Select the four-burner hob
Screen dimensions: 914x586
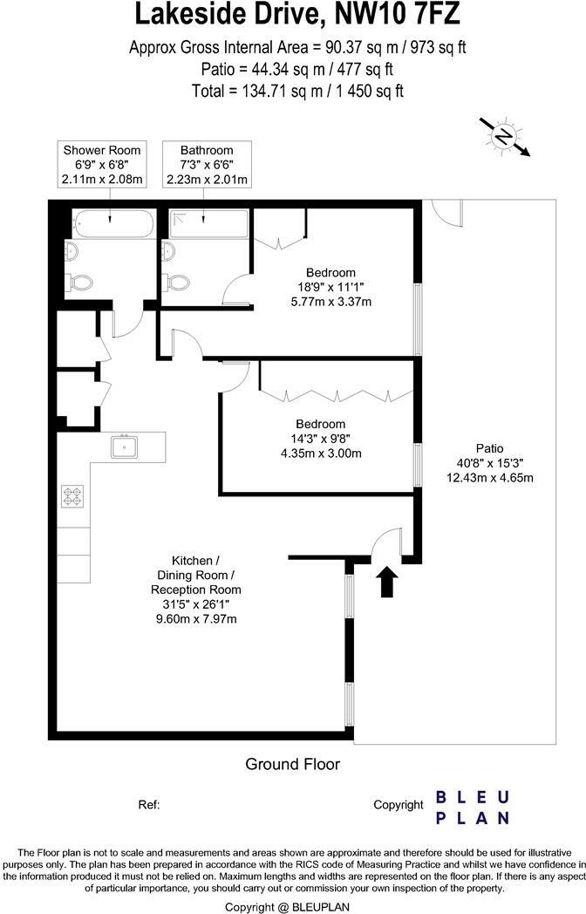pyautogui.click(x=72, y=496)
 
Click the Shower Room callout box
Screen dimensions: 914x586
pyautogui.click(x=102, y=165)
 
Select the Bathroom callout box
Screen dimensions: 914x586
pyautogui.click(x=207, y=165)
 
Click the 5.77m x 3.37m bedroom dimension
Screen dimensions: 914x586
pyautogui.click(x=330, y=303)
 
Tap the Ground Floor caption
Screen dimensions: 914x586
pyautogui.click(x=292, y=765)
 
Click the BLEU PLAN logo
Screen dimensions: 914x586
pyautogui.click(x=472, y=808)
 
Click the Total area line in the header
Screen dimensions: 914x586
pyautogui.click(x=297, y=90)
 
